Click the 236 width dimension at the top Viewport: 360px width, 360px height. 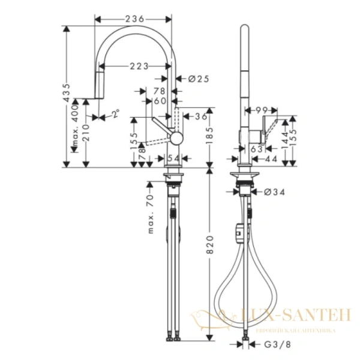[x=134, y=19]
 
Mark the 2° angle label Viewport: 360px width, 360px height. [x=115, y=113]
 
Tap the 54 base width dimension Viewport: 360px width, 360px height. [x=173, y=158]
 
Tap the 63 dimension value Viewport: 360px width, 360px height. [x=256, y=148]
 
